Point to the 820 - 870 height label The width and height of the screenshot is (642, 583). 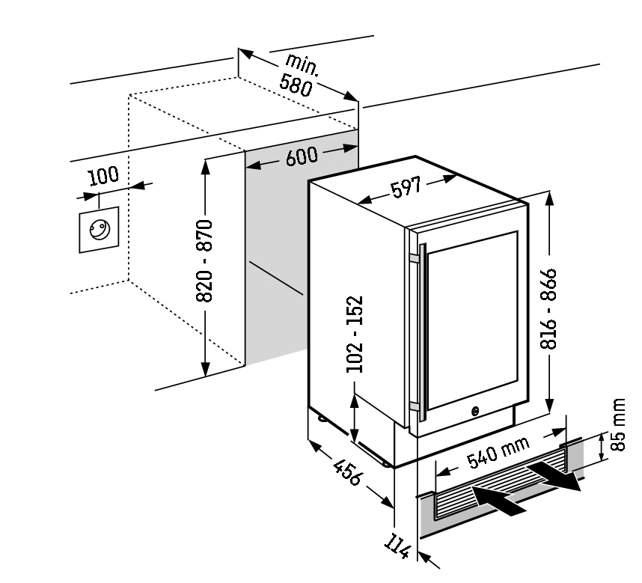point(204,261)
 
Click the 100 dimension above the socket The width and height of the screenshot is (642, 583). point(103,176)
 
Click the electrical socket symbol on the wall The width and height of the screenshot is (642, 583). point(98,231)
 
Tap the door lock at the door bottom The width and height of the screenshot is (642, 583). point(475,411)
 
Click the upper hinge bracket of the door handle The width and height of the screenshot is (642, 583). point(414,258)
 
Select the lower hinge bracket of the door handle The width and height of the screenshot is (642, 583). point(414,406)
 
